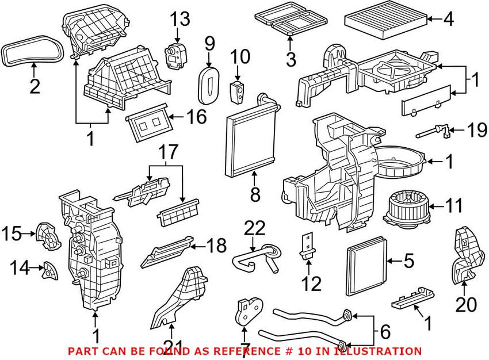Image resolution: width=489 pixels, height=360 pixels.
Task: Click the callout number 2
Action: (35, 87)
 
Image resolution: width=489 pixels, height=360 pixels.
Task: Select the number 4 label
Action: (448, 19)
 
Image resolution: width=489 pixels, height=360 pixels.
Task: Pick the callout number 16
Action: (196, 118)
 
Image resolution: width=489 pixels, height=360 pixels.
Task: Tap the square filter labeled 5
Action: (367, 268)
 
